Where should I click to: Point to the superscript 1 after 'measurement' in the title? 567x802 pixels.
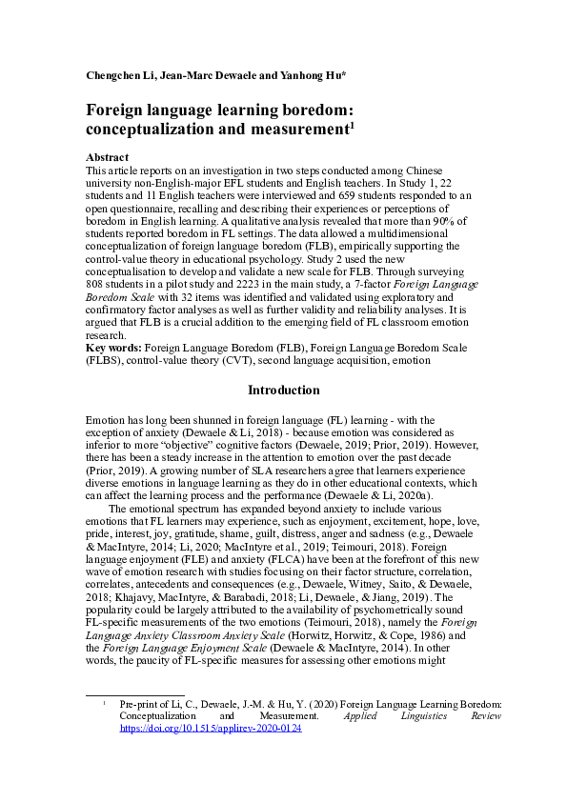click(352, 124)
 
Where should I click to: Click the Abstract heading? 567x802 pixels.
click(107, 156)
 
